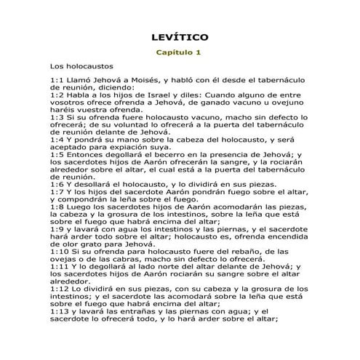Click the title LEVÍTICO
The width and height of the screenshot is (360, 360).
(x=180, y=36)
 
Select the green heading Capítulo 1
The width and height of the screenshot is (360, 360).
(x=180, y=52)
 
